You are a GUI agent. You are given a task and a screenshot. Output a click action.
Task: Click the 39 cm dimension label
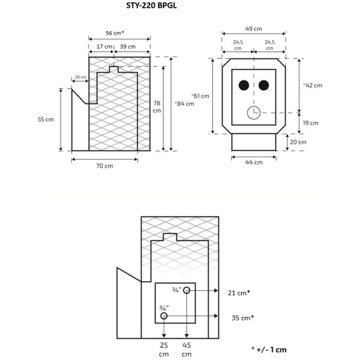coord(127,46)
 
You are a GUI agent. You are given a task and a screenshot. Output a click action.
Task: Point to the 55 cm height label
coord(46,119)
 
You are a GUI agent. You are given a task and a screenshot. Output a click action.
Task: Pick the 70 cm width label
coord(104,166)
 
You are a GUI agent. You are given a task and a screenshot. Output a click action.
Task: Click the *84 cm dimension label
coord(184,104)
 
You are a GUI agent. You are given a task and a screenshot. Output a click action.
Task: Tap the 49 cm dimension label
coord(254,28)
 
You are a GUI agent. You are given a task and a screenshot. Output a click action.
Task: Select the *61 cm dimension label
coord(200,96)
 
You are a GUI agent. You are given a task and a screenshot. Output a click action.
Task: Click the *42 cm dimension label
coord(313,85)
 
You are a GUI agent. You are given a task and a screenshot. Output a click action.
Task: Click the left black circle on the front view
coord(243,85)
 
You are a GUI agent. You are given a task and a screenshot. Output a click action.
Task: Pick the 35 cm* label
coord(242,317)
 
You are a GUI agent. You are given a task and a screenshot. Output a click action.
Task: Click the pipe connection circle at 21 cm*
coord(187,291)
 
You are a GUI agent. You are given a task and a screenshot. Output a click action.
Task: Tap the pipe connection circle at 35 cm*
coord(164,316)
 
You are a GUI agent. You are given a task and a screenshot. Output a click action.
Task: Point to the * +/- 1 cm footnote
coord(269,349)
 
